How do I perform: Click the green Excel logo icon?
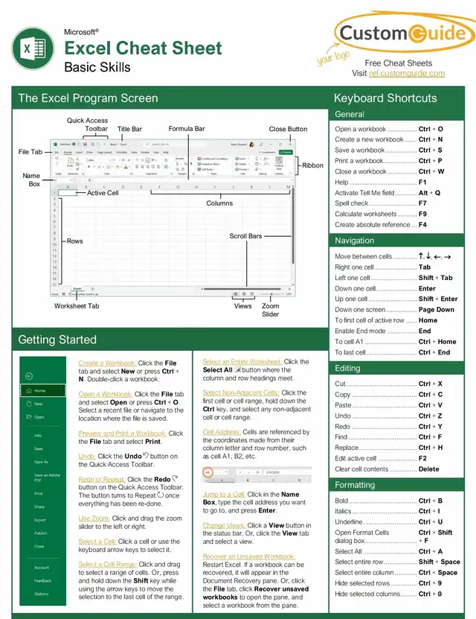(32, 50)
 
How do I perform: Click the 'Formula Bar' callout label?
(187, 129)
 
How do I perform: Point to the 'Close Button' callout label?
(288, 129)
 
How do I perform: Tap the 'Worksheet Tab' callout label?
(77, 306)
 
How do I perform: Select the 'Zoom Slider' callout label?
(271, 310)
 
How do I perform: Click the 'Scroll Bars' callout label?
(245, 236)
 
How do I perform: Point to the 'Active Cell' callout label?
(103, 193)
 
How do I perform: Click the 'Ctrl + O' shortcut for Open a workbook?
(431, 129)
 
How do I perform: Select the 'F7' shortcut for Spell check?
(422, 203)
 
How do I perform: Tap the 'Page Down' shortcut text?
(436, 310)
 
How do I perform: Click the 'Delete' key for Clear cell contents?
(428, 469)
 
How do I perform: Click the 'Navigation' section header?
(355, 241)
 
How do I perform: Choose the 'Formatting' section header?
(355, 485)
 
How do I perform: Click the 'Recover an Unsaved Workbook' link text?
(248, 556)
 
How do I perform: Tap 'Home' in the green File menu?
(39, 390)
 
